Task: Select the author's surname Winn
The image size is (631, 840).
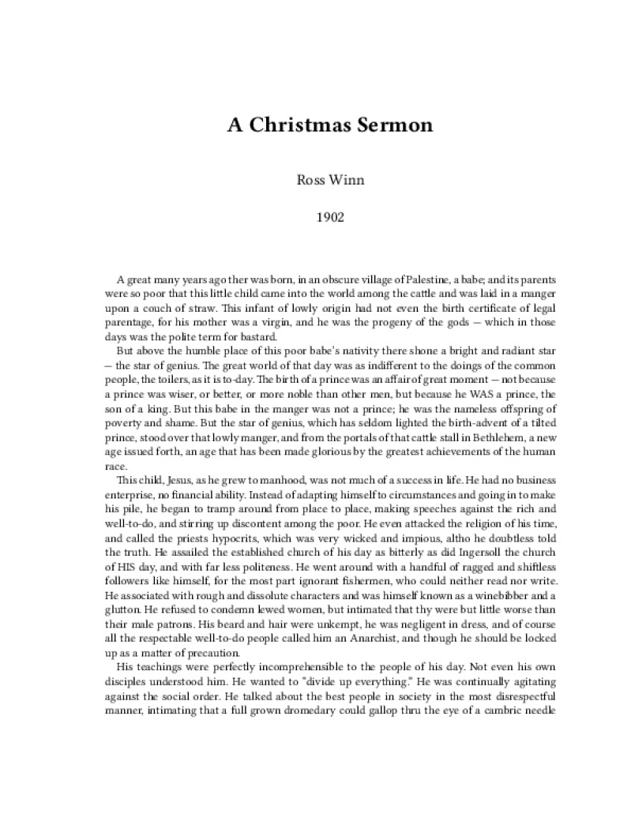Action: click(337, 178)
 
